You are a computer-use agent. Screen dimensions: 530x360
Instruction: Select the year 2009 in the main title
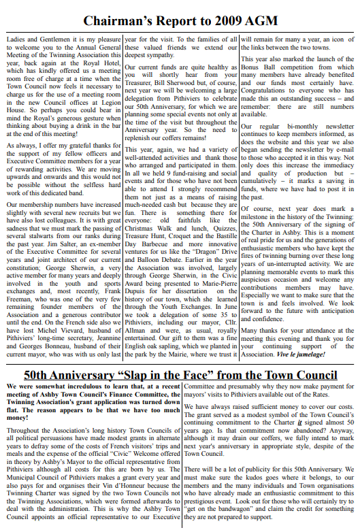click(231, 21)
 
